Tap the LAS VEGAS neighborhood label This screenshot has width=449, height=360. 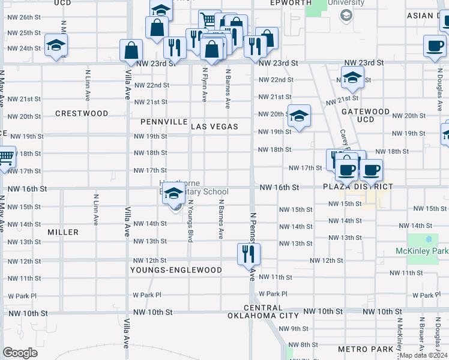[x=214, y=127]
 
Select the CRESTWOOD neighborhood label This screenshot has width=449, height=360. [x=82, y=113]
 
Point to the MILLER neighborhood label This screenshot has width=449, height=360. [x=63, y=232]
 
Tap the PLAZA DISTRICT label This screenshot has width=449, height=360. [x=358, y=187]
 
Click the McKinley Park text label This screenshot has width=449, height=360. [x=422, y=250]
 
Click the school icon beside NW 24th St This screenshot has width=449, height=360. [x=56, y=45]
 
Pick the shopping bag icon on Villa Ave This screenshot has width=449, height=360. [x=131, y=51]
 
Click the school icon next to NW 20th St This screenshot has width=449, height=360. [x=298, y=116]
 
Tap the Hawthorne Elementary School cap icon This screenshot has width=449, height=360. [x=174, y=193]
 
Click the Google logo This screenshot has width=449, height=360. [x=20, y=353]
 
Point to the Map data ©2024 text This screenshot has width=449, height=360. [x=423, y=355]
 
